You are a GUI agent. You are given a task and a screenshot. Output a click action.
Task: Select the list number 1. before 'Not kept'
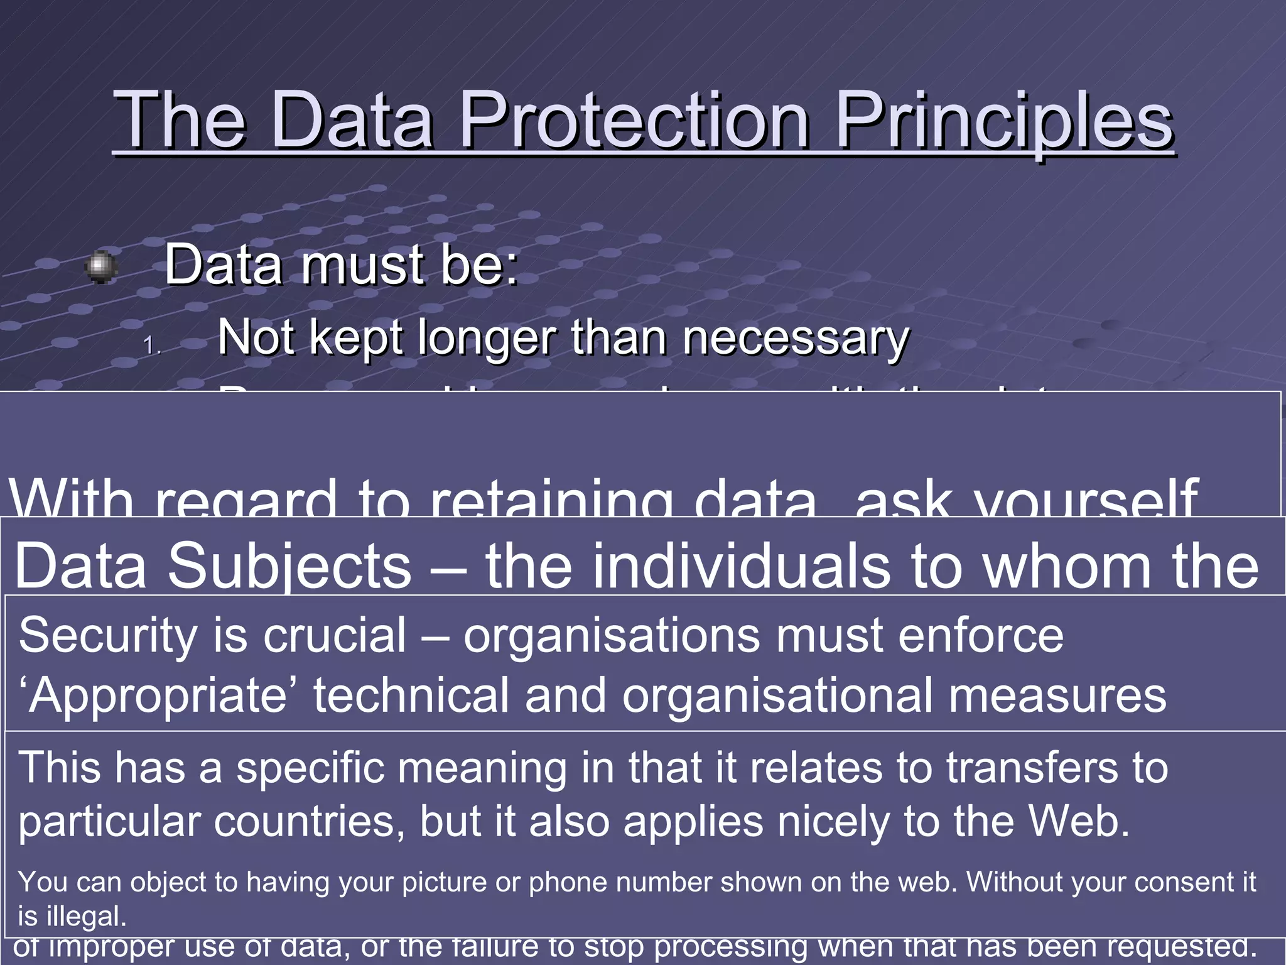tap(153, 346)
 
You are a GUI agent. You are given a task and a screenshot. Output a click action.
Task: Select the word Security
tap(108, 636)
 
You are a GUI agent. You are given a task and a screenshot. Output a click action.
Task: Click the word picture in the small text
tap(445, 882)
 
